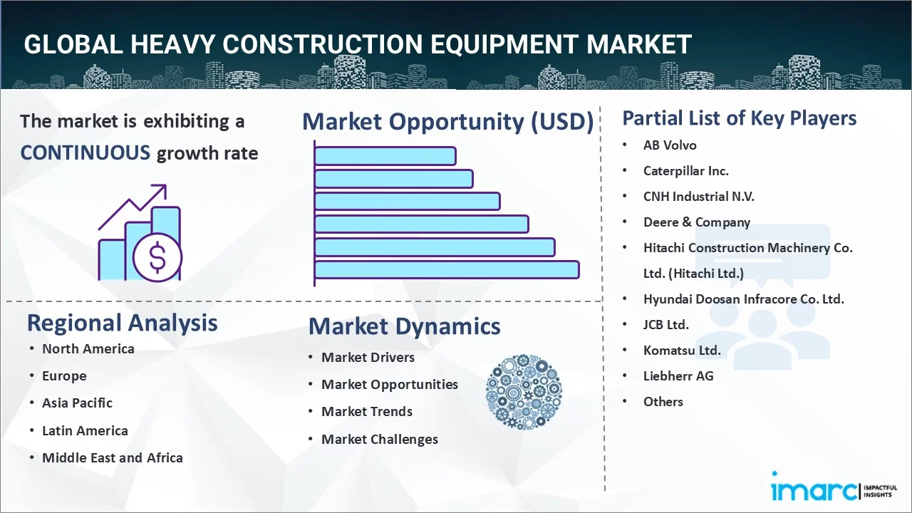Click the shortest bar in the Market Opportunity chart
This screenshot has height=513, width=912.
point(385,156)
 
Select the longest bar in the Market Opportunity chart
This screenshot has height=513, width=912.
point(447,270)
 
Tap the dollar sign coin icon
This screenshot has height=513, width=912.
point(157,257)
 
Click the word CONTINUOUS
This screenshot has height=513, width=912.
point(85,153)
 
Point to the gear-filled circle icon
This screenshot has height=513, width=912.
point(524,392)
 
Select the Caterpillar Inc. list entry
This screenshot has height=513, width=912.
point(685,171)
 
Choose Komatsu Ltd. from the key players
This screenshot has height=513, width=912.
point(682,350)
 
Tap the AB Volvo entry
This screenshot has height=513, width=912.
point(670,145)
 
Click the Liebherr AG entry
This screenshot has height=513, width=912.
point(678,375)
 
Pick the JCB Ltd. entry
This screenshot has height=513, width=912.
point(666,324)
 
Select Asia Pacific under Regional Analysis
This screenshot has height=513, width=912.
point(78,403)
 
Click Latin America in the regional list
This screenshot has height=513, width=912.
point(85,430)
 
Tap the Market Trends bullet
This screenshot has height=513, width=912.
point(367,412)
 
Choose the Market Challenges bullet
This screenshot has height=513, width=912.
point(380,440)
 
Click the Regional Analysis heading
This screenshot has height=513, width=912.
point(122,323)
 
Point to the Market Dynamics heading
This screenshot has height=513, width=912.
point(404,326)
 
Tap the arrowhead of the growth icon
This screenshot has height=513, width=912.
point(160,190)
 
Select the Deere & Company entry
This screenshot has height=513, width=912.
point(697,222)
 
